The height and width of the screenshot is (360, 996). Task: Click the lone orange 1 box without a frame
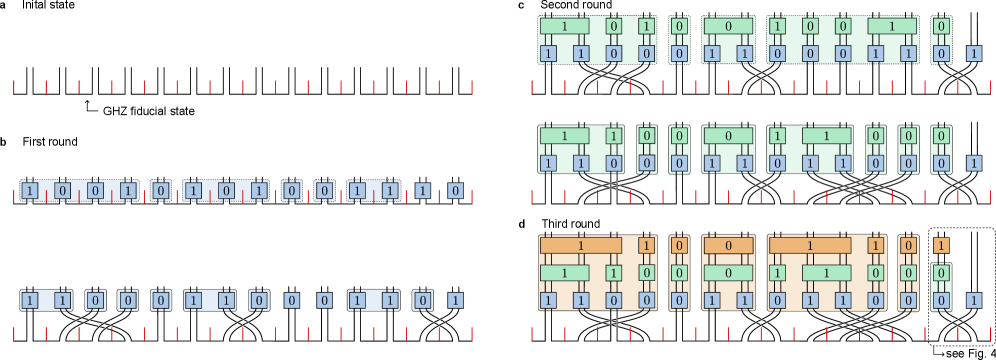941,245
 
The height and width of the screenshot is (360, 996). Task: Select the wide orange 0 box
727,245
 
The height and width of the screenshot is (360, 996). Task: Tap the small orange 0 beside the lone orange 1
908,245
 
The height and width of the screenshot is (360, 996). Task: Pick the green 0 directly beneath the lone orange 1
941,272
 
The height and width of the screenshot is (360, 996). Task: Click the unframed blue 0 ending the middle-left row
455,190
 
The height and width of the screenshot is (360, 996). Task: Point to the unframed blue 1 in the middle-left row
422,190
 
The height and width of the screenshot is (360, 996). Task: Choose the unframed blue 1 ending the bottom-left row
455,300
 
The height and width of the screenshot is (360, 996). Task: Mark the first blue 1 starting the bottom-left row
30,300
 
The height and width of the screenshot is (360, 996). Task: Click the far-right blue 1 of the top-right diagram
974,53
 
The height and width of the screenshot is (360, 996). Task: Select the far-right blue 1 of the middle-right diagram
974,163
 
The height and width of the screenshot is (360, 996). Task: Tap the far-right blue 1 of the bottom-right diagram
974,300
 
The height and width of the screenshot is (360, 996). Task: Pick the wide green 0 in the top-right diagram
727,26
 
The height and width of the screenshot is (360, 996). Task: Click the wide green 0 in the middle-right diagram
727,135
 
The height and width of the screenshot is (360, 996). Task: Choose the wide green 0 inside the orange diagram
727,272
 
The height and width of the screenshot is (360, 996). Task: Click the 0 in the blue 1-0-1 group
226,190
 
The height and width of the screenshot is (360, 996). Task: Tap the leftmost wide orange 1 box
581,245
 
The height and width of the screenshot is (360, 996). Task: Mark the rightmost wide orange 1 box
810,245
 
